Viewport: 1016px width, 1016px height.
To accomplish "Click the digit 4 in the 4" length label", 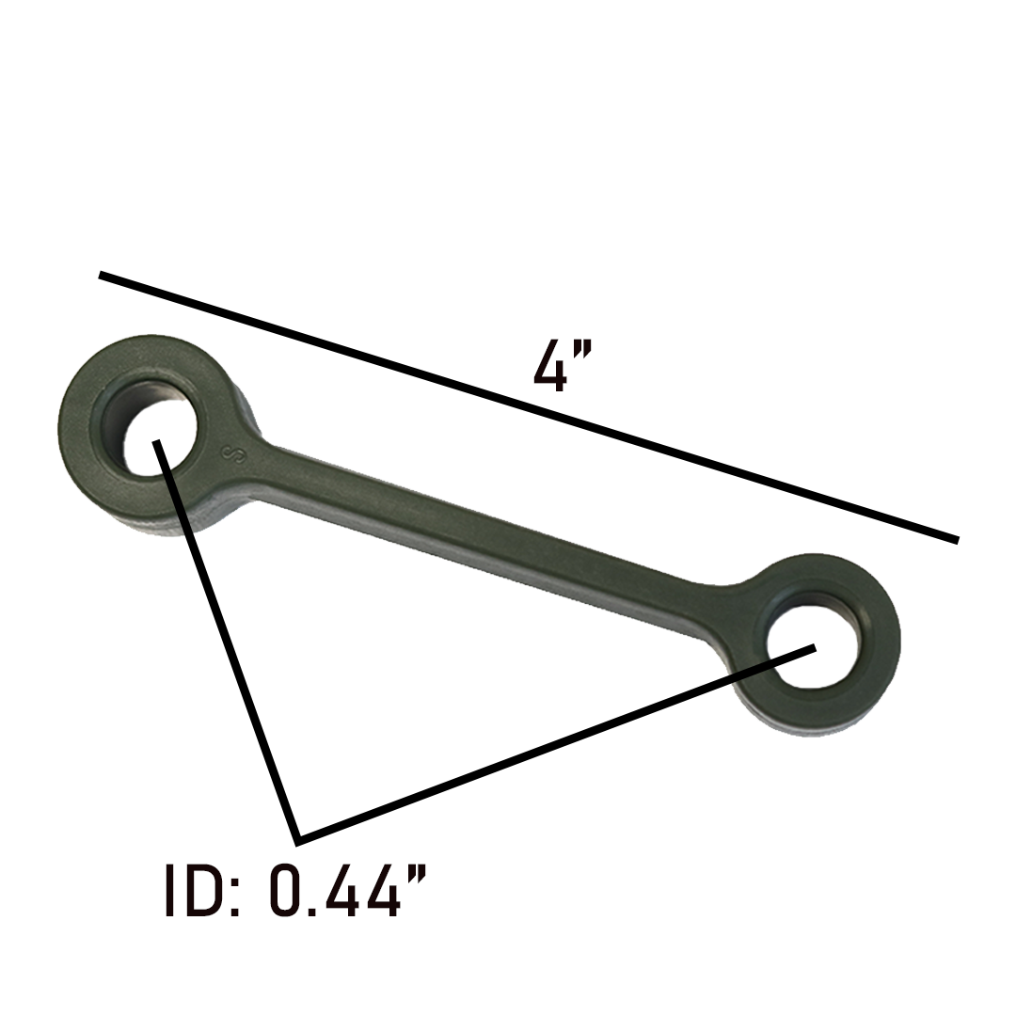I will (550, 366).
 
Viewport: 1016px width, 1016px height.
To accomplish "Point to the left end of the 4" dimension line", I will (102, 275).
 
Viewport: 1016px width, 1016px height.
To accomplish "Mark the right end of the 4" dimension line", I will (956, 540).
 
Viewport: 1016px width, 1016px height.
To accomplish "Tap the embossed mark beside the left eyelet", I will (231, 452).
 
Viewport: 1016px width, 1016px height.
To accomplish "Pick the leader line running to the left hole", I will (226, 640).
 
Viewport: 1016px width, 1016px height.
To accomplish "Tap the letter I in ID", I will (171, 890).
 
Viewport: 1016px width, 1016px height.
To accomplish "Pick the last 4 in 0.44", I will (383, 890).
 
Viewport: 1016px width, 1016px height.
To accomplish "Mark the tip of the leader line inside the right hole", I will (814, 646).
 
